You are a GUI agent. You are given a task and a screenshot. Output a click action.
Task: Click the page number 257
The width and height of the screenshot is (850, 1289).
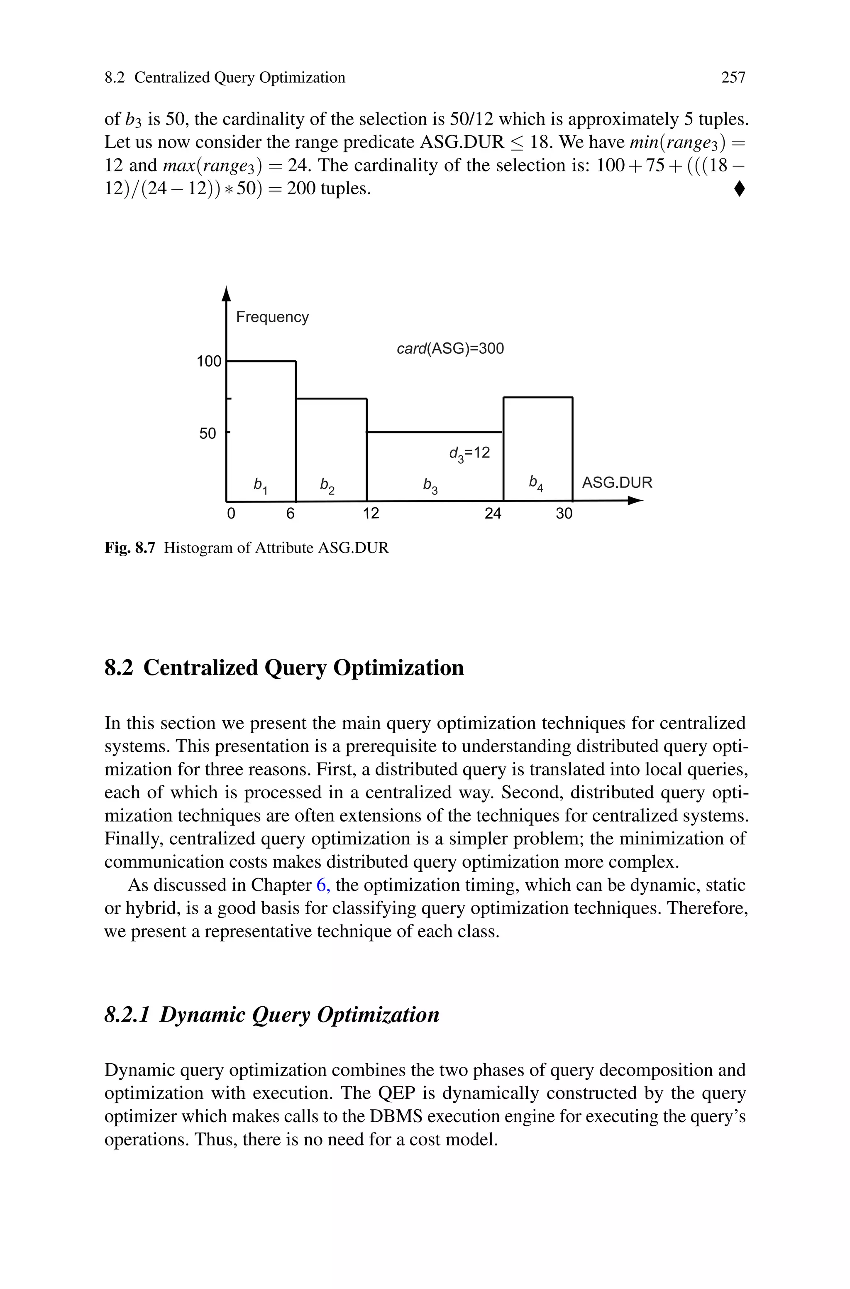pos(733,78)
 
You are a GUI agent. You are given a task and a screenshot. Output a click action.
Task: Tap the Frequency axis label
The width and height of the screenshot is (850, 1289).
pos(272,317)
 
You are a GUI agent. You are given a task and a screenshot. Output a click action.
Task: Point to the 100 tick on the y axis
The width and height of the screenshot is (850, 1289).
pos(209,362)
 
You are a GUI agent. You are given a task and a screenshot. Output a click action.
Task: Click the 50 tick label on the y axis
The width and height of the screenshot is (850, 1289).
pos(208,434)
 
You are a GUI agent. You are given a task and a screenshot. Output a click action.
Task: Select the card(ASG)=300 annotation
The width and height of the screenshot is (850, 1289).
pos(450,349)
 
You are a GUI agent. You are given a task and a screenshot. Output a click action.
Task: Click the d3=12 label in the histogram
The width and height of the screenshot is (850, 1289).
pos(469,453)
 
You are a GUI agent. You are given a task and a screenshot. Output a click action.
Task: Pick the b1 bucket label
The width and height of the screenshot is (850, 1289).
pos(261,485)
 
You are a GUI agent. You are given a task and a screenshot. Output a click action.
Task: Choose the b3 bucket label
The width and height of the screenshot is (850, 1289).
pos(430,486)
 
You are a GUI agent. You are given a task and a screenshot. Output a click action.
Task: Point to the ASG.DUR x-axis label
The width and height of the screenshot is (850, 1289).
pos(617,482)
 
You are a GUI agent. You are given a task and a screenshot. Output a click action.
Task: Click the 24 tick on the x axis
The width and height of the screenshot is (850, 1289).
pos(493,514)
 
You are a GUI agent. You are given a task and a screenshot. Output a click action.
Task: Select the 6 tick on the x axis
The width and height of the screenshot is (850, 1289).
pos(291,514)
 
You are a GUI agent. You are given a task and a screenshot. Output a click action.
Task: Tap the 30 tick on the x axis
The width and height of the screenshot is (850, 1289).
pos(564,514)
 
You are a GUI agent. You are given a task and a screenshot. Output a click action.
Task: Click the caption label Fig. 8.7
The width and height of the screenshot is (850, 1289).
pos(130,548)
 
